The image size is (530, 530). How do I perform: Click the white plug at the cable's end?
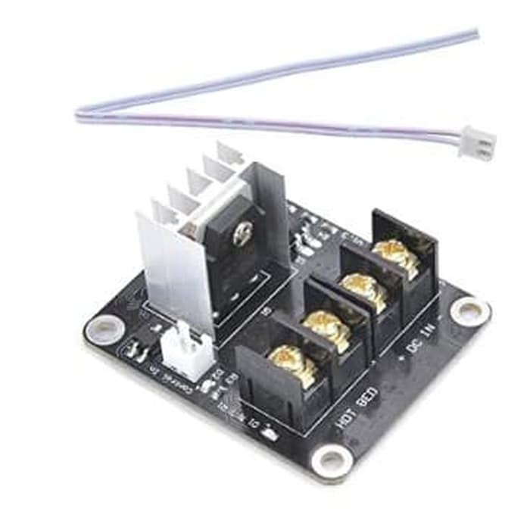point(476,142)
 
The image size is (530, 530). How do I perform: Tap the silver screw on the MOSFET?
point(242,235)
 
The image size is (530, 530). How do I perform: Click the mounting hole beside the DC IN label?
point(469,310)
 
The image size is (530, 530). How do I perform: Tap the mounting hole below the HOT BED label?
point(332,460)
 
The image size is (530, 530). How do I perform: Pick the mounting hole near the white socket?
point(104,328)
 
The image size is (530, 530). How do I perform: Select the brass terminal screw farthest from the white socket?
point(395,255)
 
